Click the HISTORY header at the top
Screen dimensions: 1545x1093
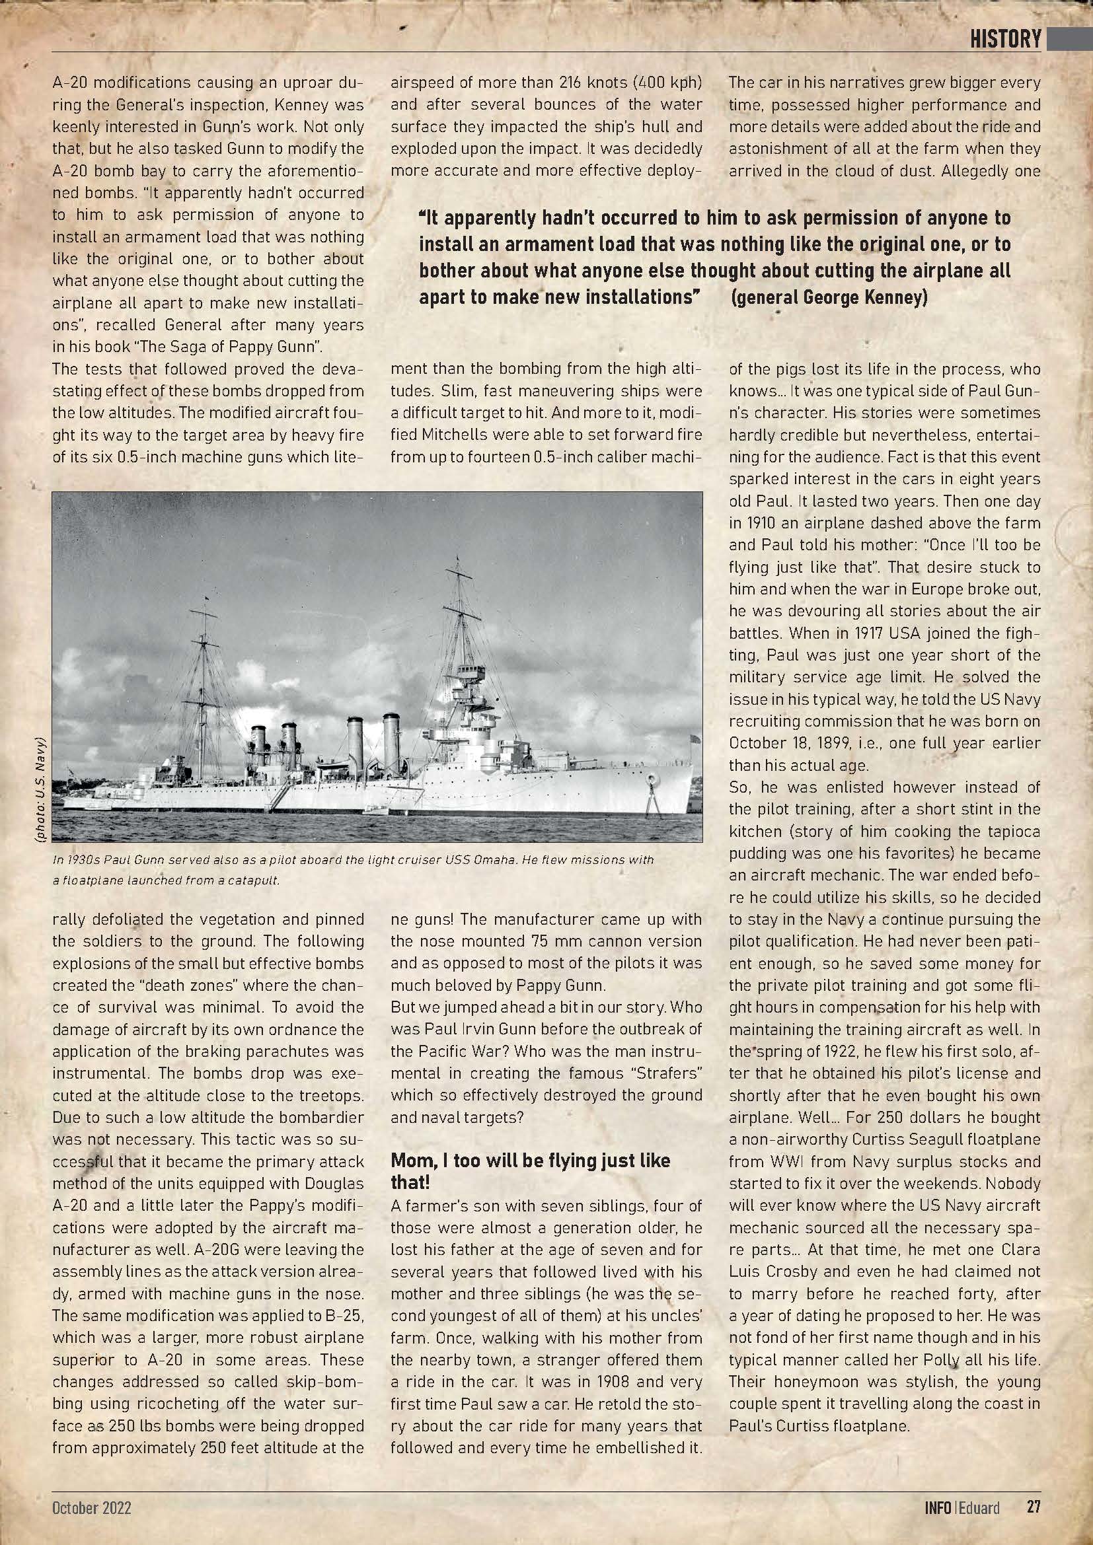[1005, 39]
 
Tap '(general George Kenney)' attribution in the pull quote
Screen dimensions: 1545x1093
[829, 297]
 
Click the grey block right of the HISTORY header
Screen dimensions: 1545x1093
[1069, 39]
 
